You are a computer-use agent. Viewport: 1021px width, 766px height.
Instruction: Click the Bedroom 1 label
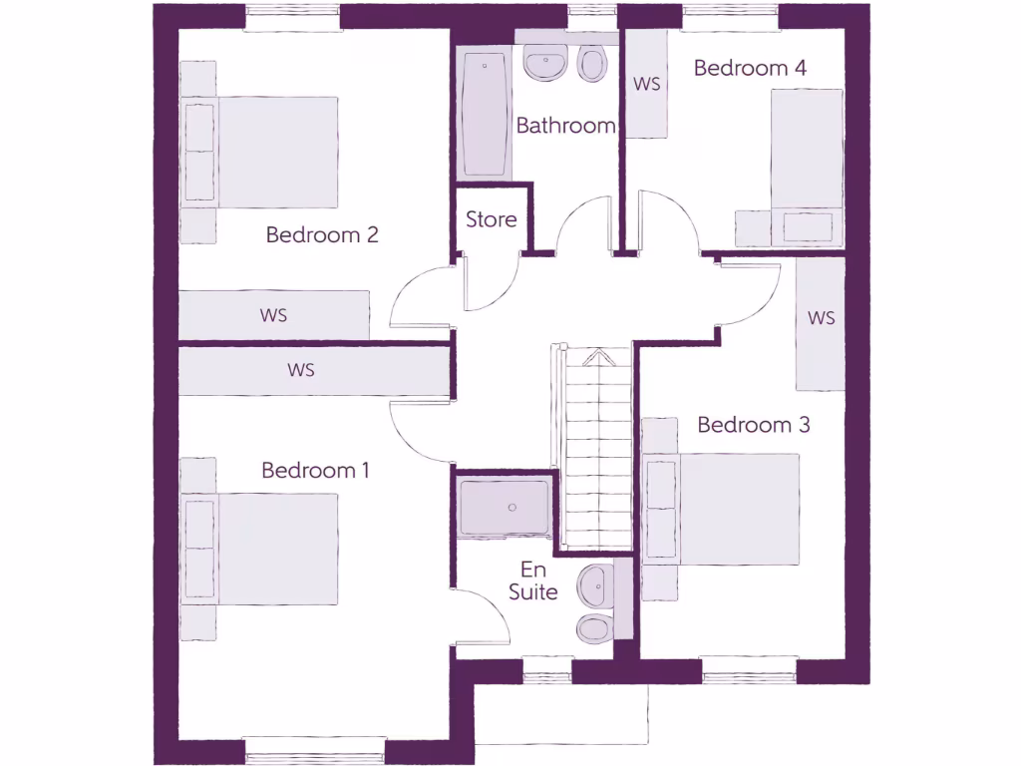315,470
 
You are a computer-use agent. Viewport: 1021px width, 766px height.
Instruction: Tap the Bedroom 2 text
322,235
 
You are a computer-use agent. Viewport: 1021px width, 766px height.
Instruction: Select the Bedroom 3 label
753,425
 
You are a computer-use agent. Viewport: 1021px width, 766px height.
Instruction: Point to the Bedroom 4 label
750,68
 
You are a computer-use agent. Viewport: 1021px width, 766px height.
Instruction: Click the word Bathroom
565,126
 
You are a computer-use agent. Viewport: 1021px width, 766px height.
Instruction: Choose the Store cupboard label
492,219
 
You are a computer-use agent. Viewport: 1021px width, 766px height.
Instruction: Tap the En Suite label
532,580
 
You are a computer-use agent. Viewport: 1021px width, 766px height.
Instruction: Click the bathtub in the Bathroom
486,114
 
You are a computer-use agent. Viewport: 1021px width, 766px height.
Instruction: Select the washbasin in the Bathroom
545,63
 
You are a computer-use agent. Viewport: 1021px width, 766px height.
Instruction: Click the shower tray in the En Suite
505,508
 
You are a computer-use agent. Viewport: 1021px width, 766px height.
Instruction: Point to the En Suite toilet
595,627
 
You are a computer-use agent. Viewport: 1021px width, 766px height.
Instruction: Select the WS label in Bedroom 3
821,318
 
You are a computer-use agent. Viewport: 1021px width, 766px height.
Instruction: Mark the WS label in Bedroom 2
274,315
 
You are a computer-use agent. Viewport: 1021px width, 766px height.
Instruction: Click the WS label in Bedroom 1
301,370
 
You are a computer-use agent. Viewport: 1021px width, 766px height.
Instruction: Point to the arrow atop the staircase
595,357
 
